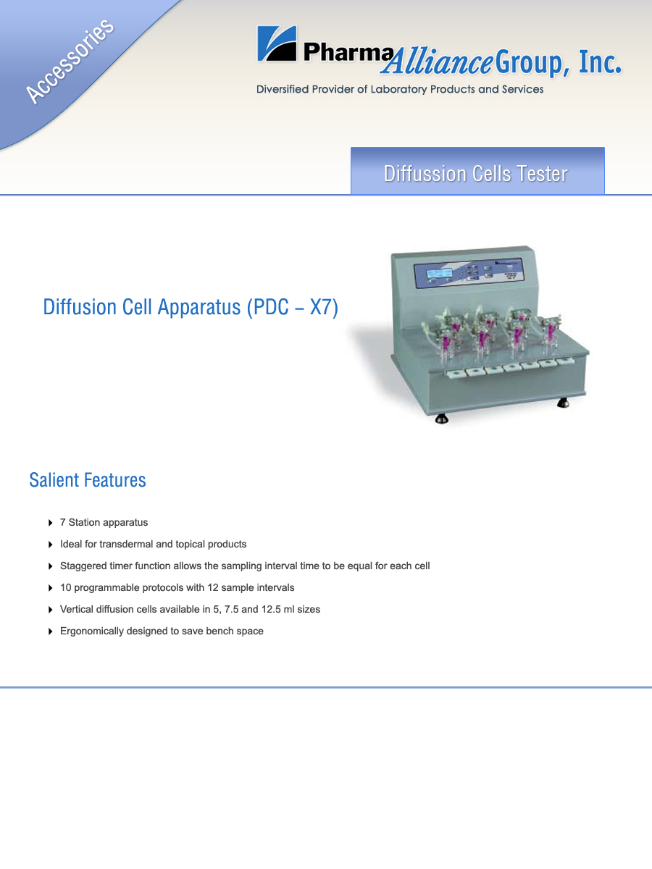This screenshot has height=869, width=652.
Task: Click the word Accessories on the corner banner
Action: pos(70,62)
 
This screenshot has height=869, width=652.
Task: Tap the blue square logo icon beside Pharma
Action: pos(277,43)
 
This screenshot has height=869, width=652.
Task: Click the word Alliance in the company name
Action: pos(438,62)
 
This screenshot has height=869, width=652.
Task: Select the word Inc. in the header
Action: pos(600,62)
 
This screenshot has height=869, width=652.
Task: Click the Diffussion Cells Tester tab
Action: pos(477,171)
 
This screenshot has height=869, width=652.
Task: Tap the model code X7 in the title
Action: pos(320,307)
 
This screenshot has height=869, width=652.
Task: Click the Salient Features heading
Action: pos(88,480)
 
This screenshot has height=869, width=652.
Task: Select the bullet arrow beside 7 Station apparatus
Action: pos(50,523)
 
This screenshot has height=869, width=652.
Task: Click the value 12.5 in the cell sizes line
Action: pos(271,609)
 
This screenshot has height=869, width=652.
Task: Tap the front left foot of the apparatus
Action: pos(441,419)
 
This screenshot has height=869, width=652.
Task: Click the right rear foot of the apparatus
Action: pos(563,403)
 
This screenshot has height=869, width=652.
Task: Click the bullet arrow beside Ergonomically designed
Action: pos(50,631)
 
